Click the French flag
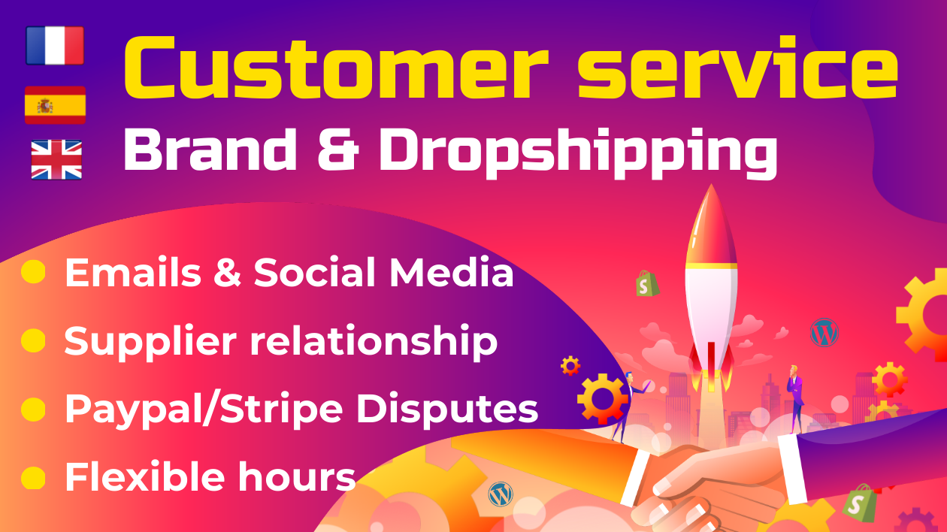pyautogui.click(x=55, y=45)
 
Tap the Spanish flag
pyautogui.click(x=55, y=104)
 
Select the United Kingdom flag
pyautogui.click(x=56, y=160)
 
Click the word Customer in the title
pyautogui.click(x=336, y=68)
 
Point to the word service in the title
pyautogui.click(x=738, y=68)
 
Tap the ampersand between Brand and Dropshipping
pyautogui.click(x=338, y=149)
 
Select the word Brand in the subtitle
pyautogui.click(x=210, y=149)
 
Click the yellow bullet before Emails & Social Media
pyautogui.click(x=33, y=272)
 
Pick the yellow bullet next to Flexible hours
pyautogui.click(x=33, y=477)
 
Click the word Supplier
pyautogui.click(x=150, y=343)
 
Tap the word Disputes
pyautogui.click(x=447, y=408)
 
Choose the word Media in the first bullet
pyautogui.click(x=451, y=273)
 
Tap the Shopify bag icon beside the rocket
pyautogui.click(x=647, y=283)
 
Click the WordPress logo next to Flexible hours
pyautogui.click(x=501, y=494)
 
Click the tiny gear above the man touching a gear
pyautogui.click(x=570, y=365)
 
